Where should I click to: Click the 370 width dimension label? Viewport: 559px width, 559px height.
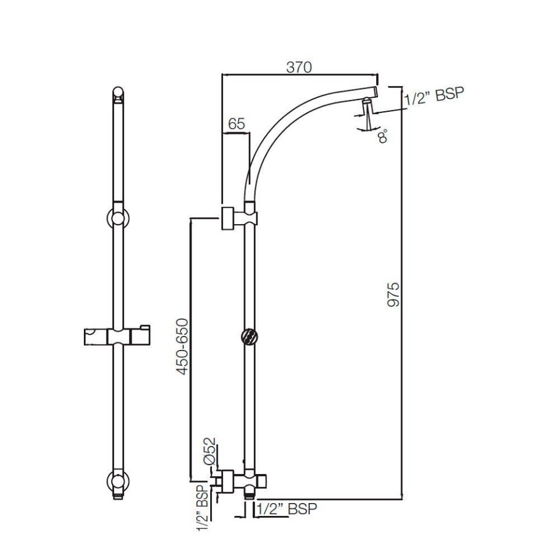coord(299,67)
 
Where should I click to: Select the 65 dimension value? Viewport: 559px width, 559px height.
coord(236,124)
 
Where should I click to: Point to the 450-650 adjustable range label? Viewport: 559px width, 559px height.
coord(183,346)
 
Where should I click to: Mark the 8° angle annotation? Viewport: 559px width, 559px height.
coord(383,137)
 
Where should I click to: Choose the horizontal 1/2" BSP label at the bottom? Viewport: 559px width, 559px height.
coord(286,509)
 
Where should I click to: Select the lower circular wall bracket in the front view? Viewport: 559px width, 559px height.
coord(118,481)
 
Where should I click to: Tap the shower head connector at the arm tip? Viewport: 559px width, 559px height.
coord(366,108)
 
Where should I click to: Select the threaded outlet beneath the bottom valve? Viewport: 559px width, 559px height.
coord(249,494)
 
